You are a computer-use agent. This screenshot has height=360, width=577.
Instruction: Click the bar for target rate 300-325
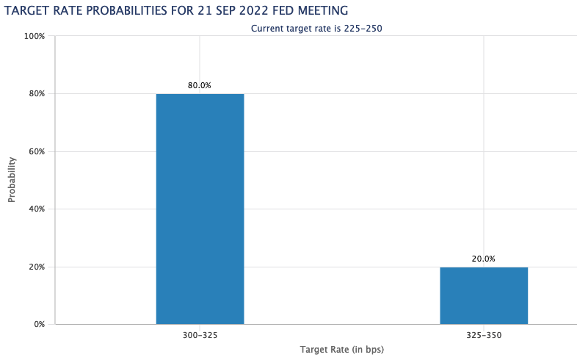[x=200, y=209]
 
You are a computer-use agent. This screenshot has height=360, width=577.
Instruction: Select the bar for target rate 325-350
[x=484, y=296]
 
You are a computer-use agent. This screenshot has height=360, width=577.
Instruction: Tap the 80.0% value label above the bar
[x=200, y=85]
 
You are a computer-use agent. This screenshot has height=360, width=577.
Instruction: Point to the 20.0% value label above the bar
[x=484, y=259]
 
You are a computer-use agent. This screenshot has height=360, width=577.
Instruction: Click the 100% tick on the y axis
[x=35, y=36]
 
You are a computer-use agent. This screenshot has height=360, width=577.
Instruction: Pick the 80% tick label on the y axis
[x=37, y=93]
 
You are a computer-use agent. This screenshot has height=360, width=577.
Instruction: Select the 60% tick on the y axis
[x=37, y=151]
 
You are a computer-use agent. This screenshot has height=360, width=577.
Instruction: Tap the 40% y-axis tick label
[x=37, y=209]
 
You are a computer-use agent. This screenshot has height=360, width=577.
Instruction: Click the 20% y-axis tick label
[x=37, y=267]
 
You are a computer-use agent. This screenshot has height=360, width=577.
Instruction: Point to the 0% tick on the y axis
[x=39, y=324]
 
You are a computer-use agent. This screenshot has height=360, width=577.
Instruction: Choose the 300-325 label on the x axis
[x=200, y=335]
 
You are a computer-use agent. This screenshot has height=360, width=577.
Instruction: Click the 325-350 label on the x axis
[x=484, y=335]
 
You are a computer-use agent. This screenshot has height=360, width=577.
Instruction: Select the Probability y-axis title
[x=12, y=179]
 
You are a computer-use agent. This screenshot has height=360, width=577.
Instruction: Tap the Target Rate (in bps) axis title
[x=342, y=349]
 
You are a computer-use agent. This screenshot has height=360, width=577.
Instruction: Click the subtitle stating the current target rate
[x=316, y=29]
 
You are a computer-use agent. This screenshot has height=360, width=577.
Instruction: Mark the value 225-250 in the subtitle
[x=363, y=29]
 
